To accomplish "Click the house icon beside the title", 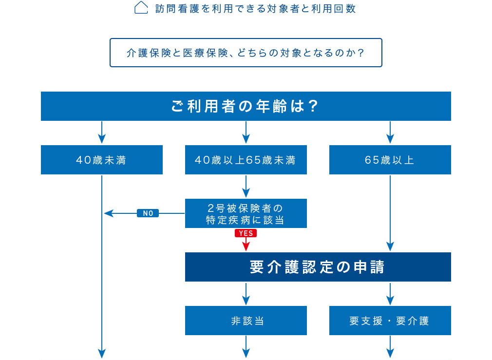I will [x=141, y=8].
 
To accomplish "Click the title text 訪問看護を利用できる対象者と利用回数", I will [x=255, y=9].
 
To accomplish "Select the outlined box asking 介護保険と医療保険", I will [x=246, y=53].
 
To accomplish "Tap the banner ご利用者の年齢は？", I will [x=246, y=106].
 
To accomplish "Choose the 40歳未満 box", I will [x=102, y=160].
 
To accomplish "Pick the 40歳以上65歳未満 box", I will [x=246, y=160].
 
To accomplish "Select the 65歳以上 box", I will [x=390, y=160].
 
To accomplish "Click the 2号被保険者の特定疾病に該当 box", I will [x=246, y=213].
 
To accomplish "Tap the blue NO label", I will [x=148, y=213].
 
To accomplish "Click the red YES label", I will [x=246, y=233].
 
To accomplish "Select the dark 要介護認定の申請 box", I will [x=318, y=267].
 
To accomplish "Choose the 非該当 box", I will [x=246, y=321].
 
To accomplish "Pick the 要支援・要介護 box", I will [x=390, y=321].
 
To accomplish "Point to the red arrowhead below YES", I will [x=246, y=247].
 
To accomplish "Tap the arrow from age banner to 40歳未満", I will [x=102, y=133].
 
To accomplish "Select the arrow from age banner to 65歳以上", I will [x=390, y=133].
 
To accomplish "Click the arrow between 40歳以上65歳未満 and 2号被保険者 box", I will [x=246, y=186].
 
